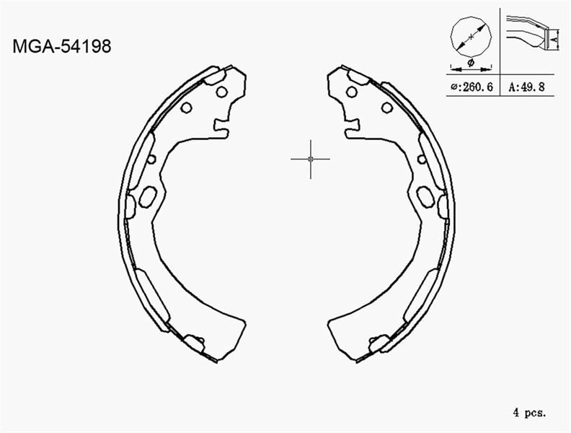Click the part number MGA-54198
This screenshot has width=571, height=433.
(x=62, y=47)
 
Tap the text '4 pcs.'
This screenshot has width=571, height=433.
(x=529, y=413)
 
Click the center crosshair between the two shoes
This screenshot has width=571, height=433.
(x=310, y=158)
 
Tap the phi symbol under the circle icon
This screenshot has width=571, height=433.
(x=470, y=64)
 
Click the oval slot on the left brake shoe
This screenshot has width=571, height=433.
(x=148, y=196)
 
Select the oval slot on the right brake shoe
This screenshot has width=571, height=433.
(x=425, y=196)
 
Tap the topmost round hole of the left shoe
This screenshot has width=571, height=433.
(x=221, y=92)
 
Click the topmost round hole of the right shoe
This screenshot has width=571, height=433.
(x=351, y=92)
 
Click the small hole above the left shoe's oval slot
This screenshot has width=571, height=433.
(x=151, y=159)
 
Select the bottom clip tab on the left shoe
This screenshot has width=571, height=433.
(x=192, y=343)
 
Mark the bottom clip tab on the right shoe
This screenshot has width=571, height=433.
(x=379, y=343)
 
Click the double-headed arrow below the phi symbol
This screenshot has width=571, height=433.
(x=470, y=70)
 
